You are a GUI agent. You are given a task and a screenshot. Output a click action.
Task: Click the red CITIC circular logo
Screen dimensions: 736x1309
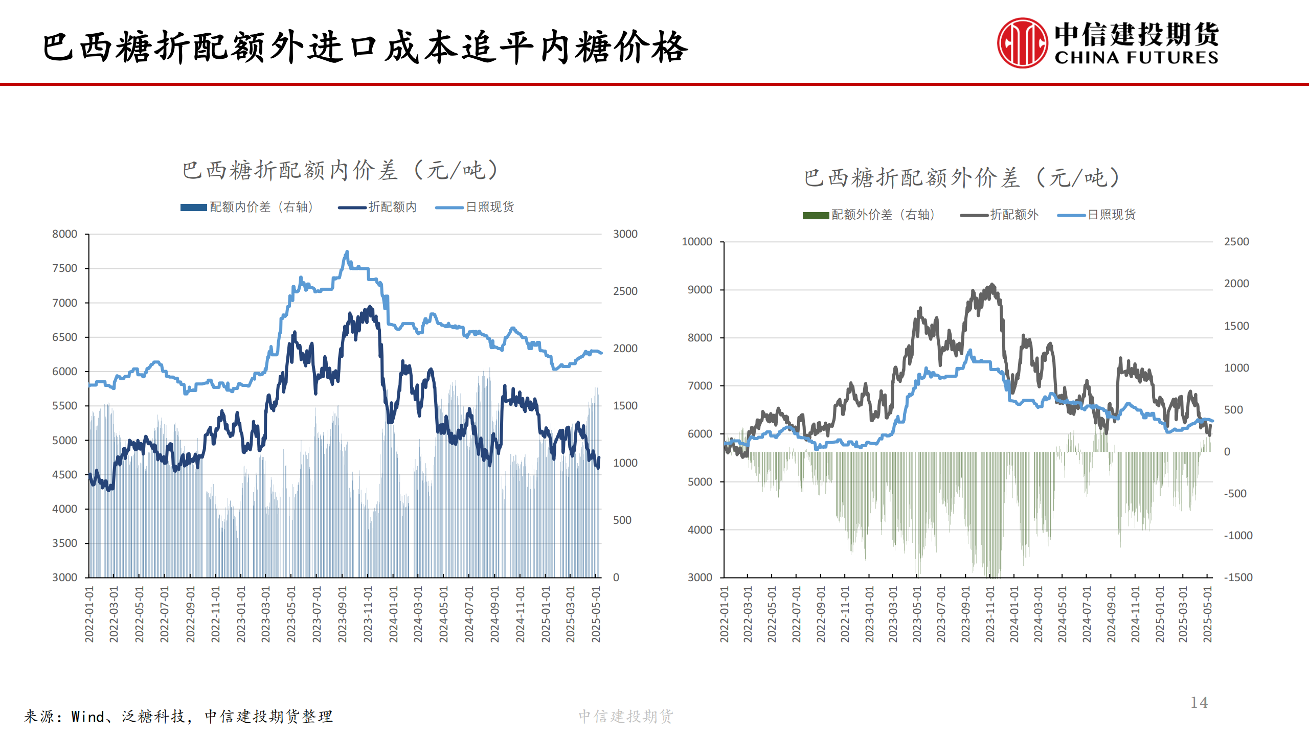pos(1022,43)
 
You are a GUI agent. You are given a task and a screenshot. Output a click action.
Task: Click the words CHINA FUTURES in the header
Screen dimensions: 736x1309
pos(1136,57)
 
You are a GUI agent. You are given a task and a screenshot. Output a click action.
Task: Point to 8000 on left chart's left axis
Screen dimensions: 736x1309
pos(64,234)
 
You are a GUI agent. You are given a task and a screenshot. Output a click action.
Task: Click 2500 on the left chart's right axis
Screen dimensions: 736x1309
pos(625,291)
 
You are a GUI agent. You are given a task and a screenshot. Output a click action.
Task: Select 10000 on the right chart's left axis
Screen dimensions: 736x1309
pos(696,242)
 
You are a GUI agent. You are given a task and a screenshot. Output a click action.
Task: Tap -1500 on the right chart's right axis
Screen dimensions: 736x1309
pos(1238,578)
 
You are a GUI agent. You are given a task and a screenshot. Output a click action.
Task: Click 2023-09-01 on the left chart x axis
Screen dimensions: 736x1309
pos(342,614)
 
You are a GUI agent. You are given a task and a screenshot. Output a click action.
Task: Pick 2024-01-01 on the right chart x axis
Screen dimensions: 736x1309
pos(1014,614)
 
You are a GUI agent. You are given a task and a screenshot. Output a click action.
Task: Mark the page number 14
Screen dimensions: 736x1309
pos(1199,703)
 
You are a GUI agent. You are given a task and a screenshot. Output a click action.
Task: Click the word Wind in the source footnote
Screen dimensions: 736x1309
pos(87,717)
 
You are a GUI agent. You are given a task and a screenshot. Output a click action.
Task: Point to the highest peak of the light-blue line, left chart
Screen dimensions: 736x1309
pos(347,251)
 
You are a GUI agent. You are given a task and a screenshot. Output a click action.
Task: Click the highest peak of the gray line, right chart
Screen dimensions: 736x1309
pos(992,285)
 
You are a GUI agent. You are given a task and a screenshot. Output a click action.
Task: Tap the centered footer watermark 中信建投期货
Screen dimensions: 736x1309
pos(626,717)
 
